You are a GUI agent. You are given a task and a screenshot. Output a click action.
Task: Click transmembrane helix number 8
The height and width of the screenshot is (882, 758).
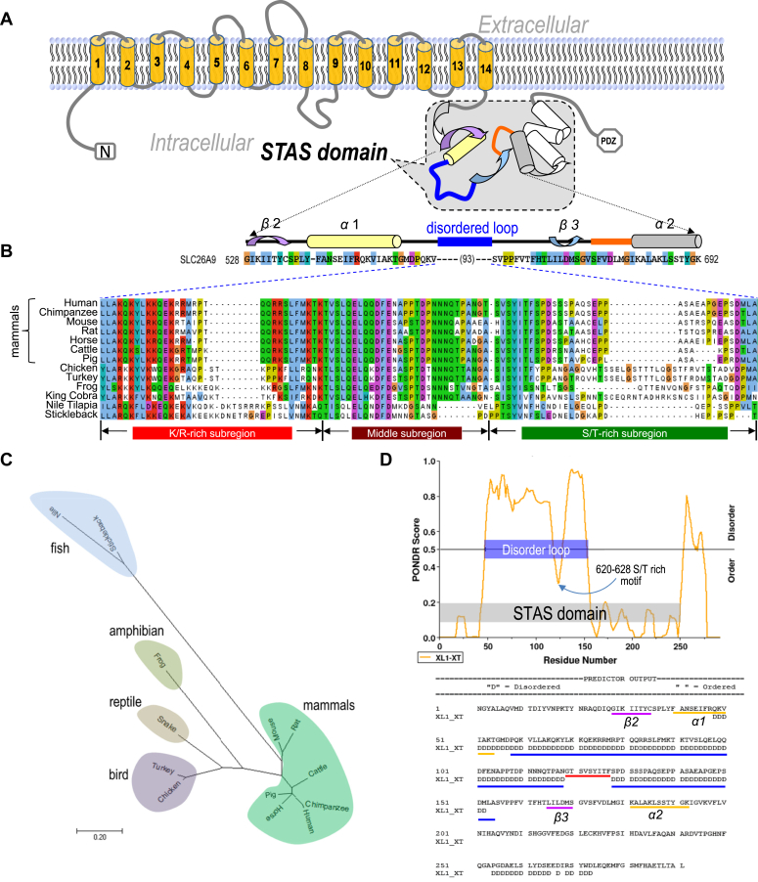306,68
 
